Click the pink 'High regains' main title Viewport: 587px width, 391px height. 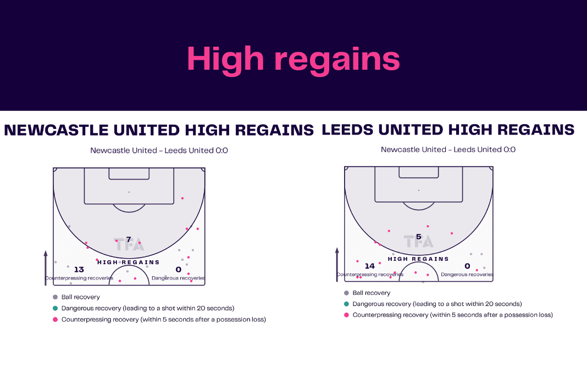pos(293,59)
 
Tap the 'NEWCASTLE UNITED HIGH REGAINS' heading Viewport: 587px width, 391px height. pos(159,130)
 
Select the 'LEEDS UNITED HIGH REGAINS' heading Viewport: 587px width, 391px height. pos(448,130)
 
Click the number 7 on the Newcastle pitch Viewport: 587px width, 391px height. pos(129,239)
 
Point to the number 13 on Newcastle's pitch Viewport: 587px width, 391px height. pos(79,270)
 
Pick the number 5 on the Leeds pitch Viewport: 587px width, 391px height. pos(418,237)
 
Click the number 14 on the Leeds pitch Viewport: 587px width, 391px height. pos(370,266)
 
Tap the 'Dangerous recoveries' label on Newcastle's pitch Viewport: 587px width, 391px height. pos(178,278)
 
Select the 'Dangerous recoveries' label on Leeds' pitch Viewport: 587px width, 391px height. pos(467,274)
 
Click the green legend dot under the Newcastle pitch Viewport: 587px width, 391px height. pos(56,308)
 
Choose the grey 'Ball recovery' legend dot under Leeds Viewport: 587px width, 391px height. pos(346,293)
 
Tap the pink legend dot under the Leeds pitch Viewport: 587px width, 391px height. pos(346,315)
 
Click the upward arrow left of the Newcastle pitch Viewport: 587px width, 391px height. pos(46,268)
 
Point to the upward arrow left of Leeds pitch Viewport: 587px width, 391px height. pos(337,264)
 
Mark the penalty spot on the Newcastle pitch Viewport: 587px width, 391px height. pos(129,192)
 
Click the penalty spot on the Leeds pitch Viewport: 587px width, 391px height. pos(418,190)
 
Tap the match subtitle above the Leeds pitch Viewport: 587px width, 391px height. pos(448,150)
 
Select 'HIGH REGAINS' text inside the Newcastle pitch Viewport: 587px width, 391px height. pos(129,262)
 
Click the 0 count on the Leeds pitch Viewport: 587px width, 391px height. pos(467,266)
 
